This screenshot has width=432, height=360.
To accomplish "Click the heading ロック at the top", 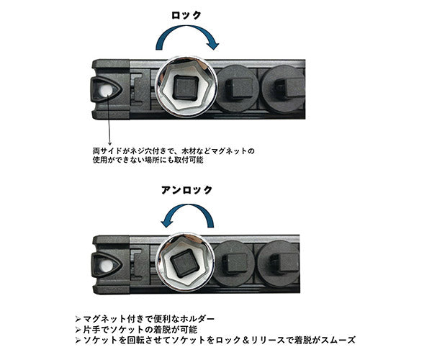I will (186, 14).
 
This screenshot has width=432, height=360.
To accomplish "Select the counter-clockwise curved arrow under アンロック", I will (186, 214).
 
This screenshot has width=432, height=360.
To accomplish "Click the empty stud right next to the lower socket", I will (235, 263).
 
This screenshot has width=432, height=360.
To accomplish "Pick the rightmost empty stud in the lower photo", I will (281, 262).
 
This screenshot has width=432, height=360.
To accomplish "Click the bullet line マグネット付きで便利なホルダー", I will (147, 318).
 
